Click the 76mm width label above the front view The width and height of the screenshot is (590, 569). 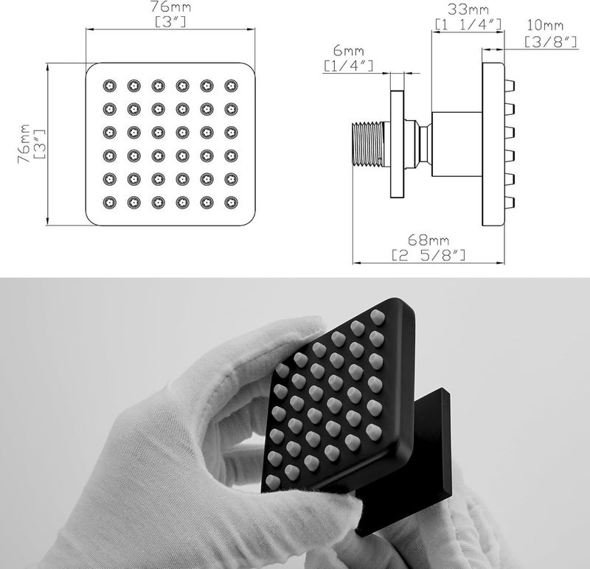(171, 7)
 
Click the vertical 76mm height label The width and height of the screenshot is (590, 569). (24, 143)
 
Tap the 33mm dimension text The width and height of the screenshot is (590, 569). (468, 9)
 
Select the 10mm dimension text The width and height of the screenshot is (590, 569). (545, 25)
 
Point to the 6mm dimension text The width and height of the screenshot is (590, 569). (348, 50)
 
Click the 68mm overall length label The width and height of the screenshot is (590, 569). (428, 240)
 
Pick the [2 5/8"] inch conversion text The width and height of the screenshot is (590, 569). (428, 255)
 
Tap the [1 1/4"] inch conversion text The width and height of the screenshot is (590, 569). (468, 24)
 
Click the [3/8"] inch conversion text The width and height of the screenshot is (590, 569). (551, 42)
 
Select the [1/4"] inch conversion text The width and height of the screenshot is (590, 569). (348, 66)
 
